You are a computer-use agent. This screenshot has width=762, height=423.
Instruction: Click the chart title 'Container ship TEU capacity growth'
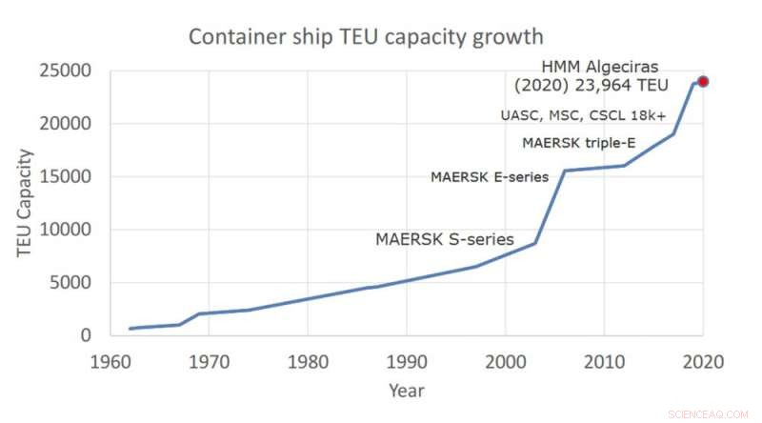click(x=366, y=37)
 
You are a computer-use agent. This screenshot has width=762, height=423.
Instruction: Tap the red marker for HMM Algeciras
click(x=703, y=81)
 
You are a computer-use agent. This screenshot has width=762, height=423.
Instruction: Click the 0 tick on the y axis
click(x=86, y=335)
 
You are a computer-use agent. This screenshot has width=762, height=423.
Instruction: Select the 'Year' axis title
click(x=406, y=391)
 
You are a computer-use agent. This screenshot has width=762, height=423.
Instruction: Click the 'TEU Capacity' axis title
click(x=25, y=203)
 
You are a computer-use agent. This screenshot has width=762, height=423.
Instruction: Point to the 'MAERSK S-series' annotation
click(x=445, y=240)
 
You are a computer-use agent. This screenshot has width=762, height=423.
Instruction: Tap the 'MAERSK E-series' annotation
click(x=490, y=176)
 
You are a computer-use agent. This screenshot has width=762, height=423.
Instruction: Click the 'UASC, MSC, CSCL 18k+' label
click(x=583, y=115)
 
